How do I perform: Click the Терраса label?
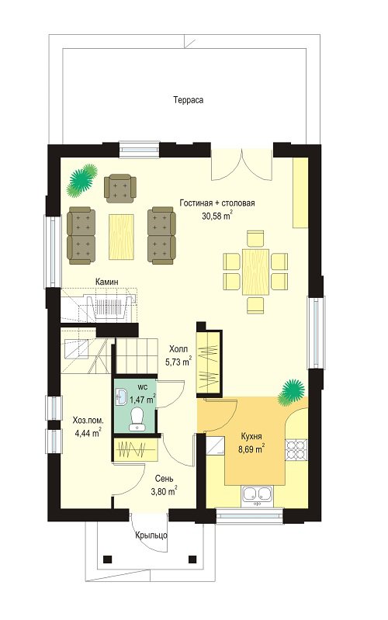coord(189,100)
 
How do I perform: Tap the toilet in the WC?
coord(137,419)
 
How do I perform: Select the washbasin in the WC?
coord(120,396)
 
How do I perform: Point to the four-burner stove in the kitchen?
coord(296,449)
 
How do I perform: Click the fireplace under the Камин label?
coord(109,307)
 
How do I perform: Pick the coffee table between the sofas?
coord(121,237)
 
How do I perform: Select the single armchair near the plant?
coord(120,187)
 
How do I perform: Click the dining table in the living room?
coord(255,272)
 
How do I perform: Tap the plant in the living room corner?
coord(82,180)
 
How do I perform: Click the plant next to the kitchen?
coord(292,391)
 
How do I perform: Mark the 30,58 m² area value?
coord(217,216)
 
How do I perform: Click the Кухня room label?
coord(251,437)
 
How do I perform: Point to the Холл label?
coord(178,349)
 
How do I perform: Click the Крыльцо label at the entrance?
coord(151,535)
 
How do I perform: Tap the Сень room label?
coord(165,479)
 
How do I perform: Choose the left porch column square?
coord(106,559)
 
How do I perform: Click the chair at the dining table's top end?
coord(255,239)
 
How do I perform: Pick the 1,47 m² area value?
coord(142,400)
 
